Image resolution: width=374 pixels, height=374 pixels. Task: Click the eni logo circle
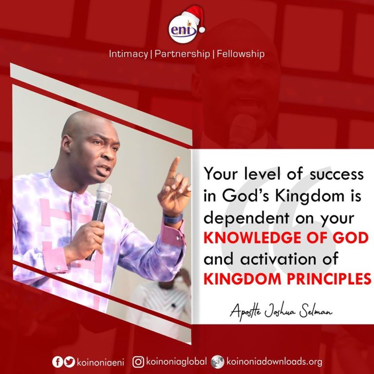pos(183,29)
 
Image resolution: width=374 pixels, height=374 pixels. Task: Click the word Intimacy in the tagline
pos(129,54)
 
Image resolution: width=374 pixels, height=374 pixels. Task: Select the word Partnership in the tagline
pos(182,54)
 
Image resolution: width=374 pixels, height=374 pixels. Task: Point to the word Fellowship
pos(241,54)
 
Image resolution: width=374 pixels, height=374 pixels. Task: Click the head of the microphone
pos(104,192)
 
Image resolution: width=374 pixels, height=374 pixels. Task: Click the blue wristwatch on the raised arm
pos(173,218)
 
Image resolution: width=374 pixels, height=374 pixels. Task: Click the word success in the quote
pos(337,174)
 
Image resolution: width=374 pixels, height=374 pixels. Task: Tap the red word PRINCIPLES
pos(329,279)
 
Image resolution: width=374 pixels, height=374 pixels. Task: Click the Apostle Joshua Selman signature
pos(281,311)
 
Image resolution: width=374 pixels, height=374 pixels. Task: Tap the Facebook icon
pos(57,362)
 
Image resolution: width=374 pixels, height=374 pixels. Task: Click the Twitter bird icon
pos(70,362)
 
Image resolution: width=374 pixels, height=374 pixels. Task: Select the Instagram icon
pos(138,362)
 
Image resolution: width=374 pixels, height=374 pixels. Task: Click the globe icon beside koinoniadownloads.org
pos(218,362)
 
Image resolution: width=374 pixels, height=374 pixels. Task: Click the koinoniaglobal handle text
pos(176,362)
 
